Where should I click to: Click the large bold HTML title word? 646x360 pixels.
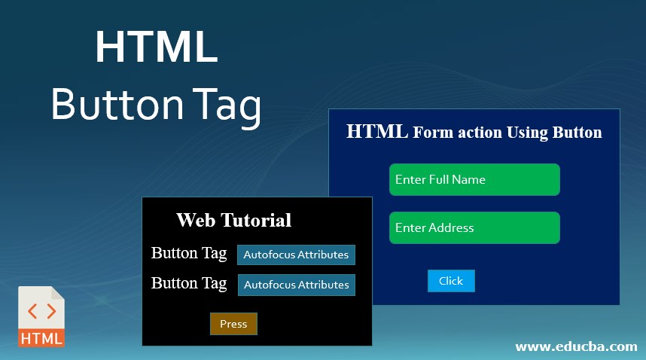157,47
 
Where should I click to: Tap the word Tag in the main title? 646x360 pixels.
226,105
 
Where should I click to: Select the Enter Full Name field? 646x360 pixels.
474,179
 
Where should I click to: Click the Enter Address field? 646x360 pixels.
474,227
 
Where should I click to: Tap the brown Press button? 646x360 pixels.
233,324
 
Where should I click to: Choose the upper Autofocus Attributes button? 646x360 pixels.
296,255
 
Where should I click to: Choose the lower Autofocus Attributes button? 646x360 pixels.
296,285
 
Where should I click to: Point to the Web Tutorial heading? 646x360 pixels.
233,221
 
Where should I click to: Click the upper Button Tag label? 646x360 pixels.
189,253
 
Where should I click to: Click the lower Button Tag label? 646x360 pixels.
189,283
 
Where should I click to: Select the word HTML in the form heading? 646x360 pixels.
377,132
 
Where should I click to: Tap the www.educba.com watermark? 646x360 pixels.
576,346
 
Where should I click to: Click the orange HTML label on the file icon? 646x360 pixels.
41,338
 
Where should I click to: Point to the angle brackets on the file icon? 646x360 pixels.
41,310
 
